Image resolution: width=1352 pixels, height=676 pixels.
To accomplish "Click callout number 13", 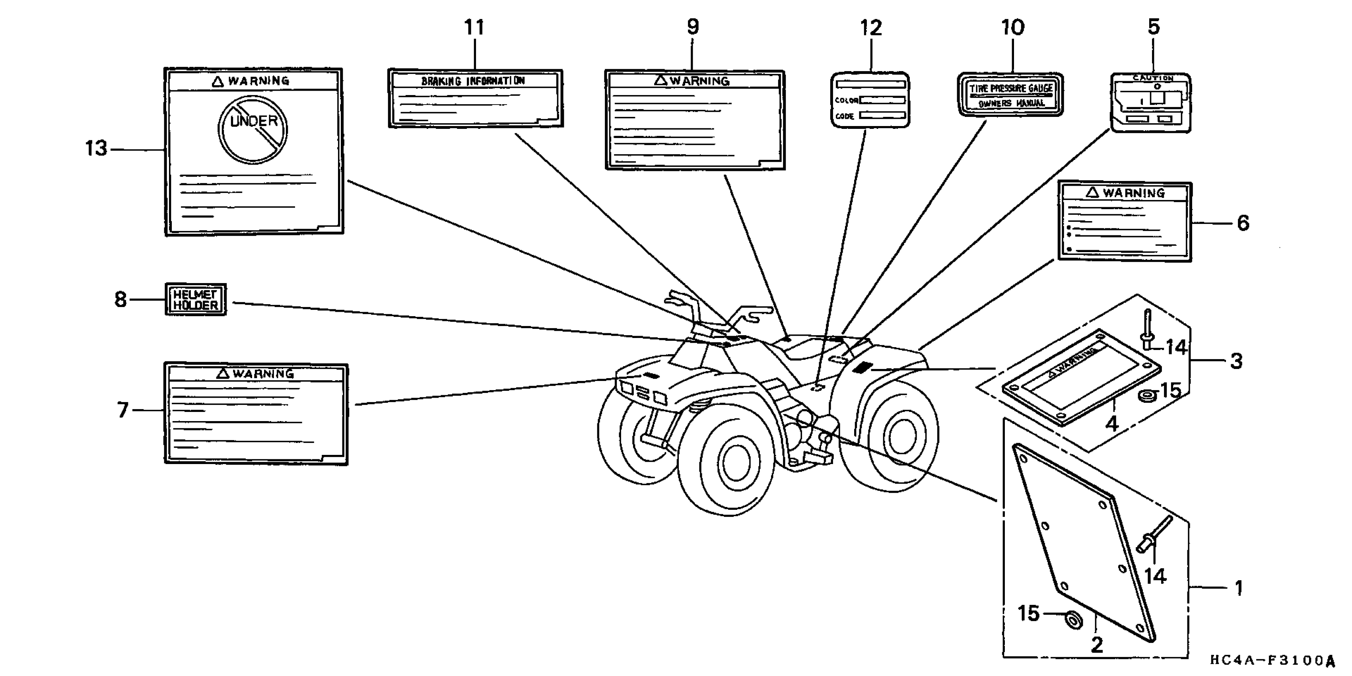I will coord(96,149).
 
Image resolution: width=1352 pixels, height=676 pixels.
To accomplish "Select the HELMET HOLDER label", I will coord(196,299).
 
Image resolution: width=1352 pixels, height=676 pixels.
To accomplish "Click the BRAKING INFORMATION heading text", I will coord(473,81).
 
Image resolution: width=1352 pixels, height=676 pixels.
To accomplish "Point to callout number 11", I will coord(474,27).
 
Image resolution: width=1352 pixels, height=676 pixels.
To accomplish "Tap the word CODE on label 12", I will coord(845,116).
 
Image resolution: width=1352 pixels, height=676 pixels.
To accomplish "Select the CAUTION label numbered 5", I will coord(1151,103).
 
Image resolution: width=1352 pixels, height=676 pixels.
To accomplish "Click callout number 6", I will coord(1243,223).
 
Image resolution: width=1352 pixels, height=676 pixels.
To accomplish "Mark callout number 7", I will coord(122,410).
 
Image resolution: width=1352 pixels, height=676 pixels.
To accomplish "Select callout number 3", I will coord(1236,361).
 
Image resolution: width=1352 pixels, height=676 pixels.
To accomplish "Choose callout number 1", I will coord(1239,588).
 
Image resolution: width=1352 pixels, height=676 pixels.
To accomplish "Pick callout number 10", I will coord(1012,27).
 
